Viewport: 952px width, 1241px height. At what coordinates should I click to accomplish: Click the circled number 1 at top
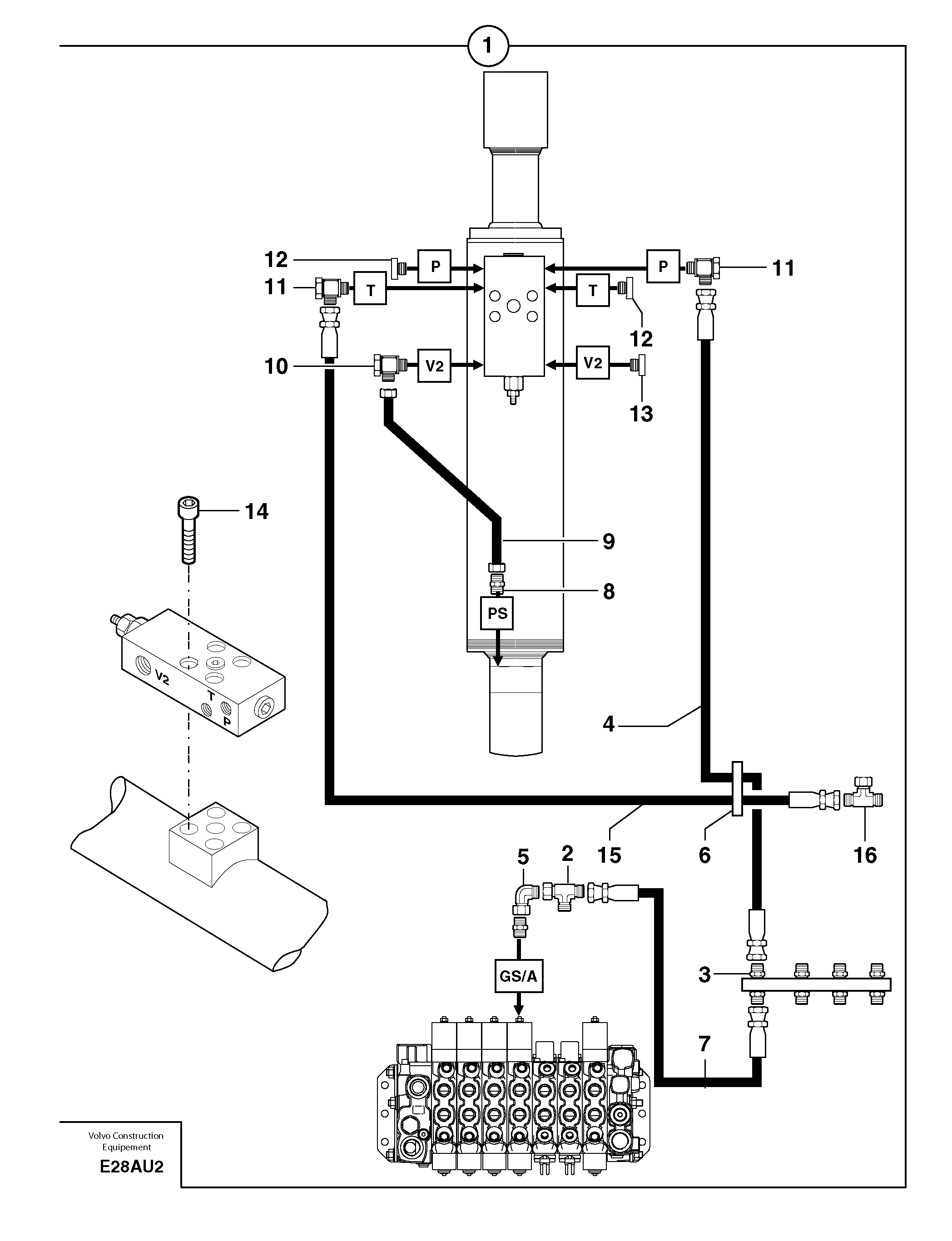pos(488,45)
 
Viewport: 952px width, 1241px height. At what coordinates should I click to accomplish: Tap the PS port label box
pos(497,613)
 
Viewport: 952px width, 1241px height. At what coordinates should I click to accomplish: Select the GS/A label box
pos(519,976)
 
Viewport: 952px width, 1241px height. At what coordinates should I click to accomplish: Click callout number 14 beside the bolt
pos(256,511)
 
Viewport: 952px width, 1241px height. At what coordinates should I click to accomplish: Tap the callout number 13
pos(641,414)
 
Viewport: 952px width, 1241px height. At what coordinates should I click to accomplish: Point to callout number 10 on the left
pos(276,366)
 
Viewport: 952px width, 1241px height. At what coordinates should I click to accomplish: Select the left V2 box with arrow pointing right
pos(435,366)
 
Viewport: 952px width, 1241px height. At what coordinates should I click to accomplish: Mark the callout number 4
pos(609,724)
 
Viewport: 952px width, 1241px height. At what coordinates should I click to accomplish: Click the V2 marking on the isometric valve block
pos(162,677)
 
